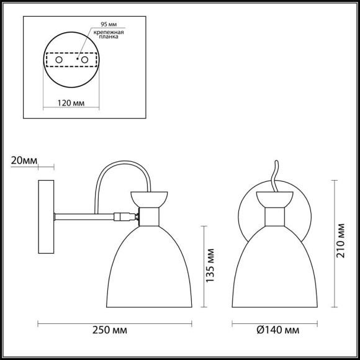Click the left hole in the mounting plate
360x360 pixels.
60,60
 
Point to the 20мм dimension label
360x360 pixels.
24,161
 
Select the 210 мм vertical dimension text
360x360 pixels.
341,243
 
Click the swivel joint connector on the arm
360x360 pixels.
126,217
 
